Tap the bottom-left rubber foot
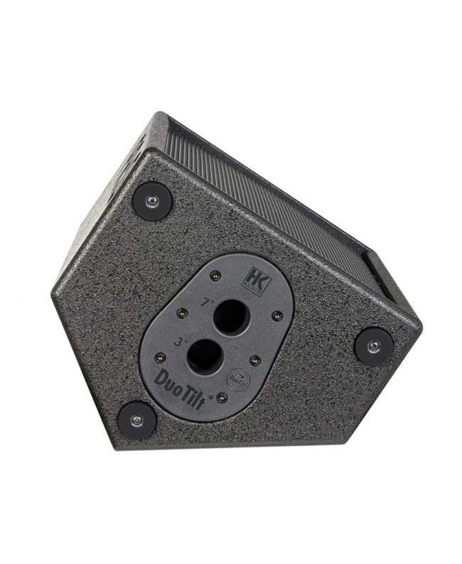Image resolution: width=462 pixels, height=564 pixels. [x=136, y=419]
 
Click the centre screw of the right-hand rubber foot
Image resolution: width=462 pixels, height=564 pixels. [x=373, y=347]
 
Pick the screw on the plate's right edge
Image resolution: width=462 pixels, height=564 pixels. [x=278, y=315]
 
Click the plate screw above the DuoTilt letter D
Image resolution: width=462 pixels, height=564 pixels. [x=160, y=357]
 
